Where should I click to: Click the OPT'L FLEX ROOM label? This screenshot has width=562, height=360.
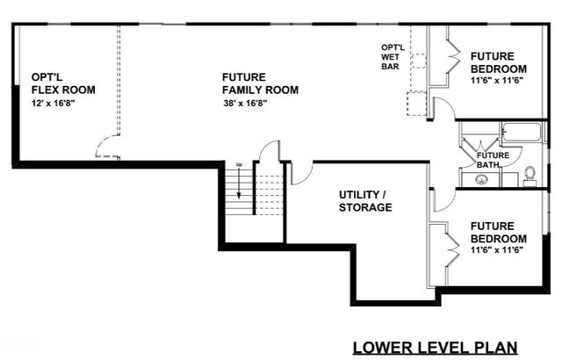(x=62, y=83)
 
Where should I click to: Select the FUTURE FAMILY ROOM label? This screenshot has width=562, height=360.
(x=260, y=83)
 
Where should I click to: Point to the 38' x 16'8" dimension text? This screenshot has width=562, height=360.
(x=245, y=103)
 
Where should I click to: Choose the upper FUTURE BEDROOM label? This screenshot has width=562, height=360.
(x=498, y=62)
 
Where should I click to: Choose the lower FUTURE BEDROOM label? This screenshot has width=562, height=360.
(x=498, y=232)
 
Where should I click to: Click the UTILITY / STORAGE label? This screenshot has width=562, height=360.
(x=365, y=200)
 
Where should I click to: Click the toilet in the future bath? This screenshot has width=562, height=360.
(x=530, y=176)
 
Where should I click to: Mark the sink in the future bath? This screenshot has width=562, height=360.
(x=482, y=180)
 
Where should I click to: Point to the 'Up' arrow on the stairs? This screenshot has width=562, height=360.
(x=238, y=175)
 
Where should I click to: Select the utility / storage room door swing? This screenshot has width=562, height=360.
(x=299, y=172)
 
